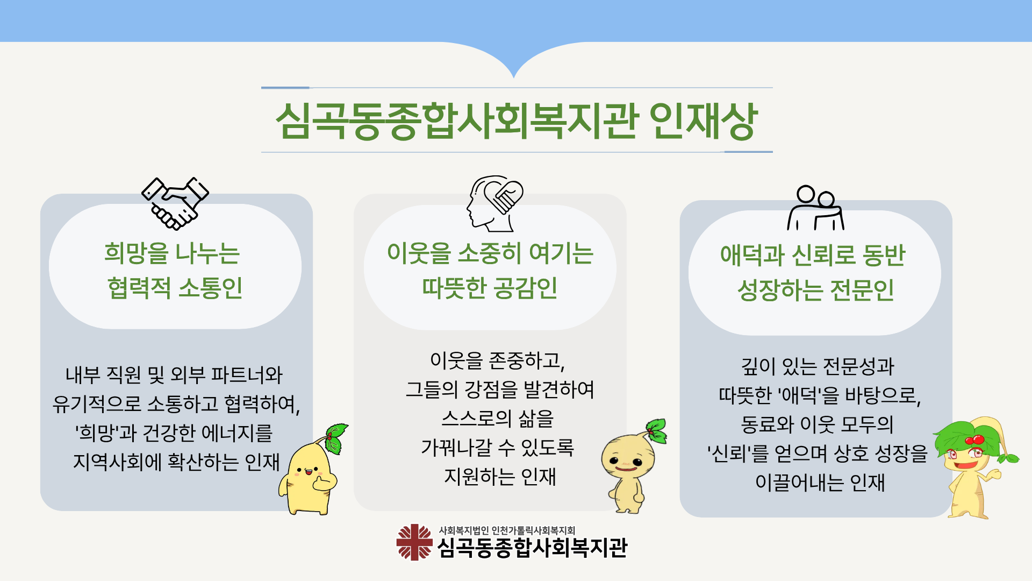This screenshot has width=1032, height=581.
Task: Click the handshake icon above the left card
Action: point(175,203)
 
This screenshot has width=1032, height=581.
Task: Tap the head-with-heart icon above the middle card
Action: point(494,203)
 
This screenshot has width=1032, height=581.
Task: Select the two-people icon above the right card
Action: point(815,208)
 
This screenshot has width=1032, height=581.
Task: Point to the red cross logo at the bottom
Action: point(414,542)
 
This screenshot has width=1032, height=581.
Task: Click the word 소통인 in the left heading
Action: point(210,288)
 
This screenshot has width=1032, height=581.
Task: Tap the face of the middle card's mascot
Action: point(627,460)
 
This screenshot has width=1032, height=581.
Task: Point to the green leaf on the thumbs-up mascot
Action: point(335,437)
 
